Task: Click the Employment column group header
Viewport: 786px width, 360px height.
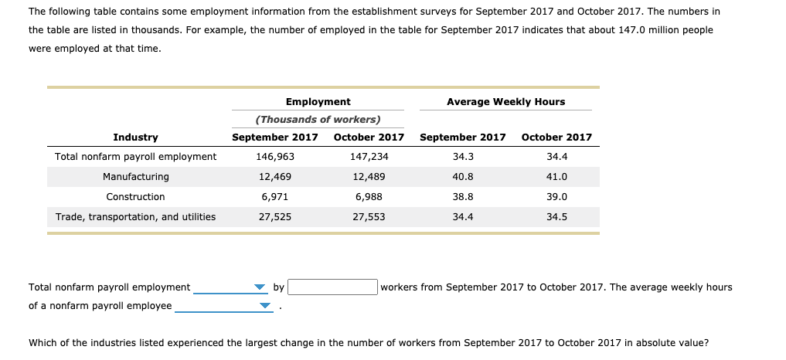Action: coord(318,102)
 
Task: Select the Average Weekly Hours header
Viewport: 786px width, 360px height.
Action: coord(505,102)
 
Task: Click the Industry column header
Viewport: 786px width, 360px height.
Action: coord(135,138)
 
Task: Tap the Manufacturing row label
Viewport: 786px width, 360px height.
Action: coord(135,177)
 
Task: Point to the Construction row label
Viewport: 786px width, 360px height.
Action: coord(135,197)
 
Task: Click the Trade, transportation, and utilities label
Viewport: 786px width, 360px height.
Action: coord(135,217)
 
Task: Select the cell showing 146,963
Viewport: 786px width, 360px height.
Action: coord(274,157)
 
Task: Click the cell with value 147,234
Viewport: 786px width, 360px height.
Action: coord(369,157)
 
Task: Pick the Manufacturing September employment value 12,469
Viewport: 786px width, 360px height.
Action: coord(274,177)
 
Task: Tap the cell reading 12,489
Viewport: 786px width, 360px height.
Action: coord(369,177)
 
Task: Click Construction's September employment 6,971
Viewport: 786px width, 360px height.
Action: coord(274,197)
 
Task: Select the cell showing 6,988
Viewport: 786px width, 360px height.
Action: coord(369,197)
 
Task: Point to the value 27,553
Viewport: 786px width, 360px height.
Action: coord(369,217)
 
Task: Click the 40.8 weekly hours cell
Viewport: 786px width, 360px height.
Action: coord(462,177)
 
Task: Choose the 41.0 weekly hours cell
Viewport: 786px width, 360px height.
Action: coord(556,177)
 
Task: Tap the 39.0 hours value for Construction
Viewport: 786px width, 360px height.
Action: coord(556,197)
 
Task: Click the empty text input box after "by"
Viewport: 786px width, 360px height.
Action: coord(333,287)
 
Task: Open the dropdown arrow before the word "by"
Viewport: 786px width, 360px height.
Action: coord(260,288)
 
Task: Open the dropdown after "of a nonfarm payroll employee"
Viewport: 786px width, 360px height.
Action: coord(265,307)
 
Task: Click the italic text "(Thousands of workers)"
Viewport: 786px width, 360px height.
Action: coord(318,120)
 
